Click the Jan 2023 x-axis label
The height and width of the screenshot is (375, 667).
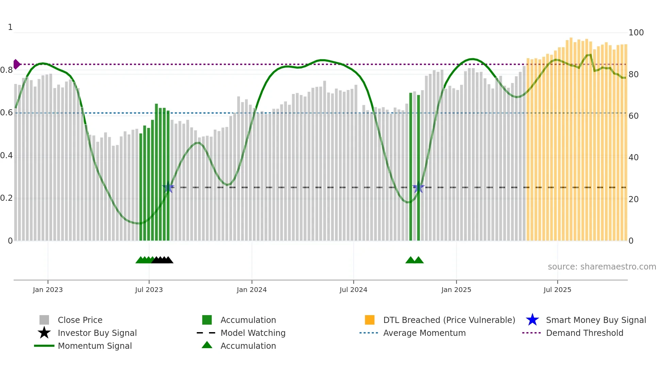coord(48,290)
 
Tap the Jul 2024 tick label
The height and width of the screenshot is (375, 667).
coord(353,290)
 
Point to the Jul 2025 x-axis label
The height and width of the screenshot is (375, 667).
coord(557,290)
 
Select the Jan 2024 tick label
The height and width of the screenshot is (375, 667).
coord(251,290)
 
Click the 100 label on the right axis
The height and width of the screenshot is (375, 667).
coord(636,33)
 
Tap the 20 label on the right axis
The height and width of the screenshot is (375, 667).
coord(633,199)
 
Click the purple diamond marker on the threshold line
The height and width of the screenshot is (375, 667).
coord(16,64)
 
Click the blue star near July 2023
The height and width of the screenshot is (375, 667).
coord(168,187)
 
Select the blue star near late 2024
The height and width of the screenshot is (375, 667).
coord(418,187)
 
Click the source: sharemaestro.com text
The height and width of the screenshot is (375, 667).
coord(602,267)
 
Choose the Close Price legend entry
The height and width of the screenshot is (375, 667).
coord(80,320)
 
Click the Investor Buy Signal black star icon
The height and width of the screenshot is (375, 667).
coord(44,333)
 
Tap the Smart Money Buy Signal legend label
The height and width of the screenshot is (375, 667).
coord(596,320)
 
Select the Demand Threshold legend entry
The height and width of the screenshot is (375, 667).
coord(584,333)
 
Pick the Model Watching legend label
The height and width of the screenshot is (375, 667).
coord(253,333)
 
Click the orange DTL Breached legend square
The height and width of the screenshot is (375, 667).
coord(370,320)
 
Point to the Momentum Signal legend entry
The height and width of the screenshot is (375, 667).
coord(95,346)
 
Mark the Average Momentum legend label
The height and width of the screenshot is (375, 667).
coord(424,333)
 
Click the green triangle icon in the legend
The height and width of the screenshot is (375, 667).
coord(207,345)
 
